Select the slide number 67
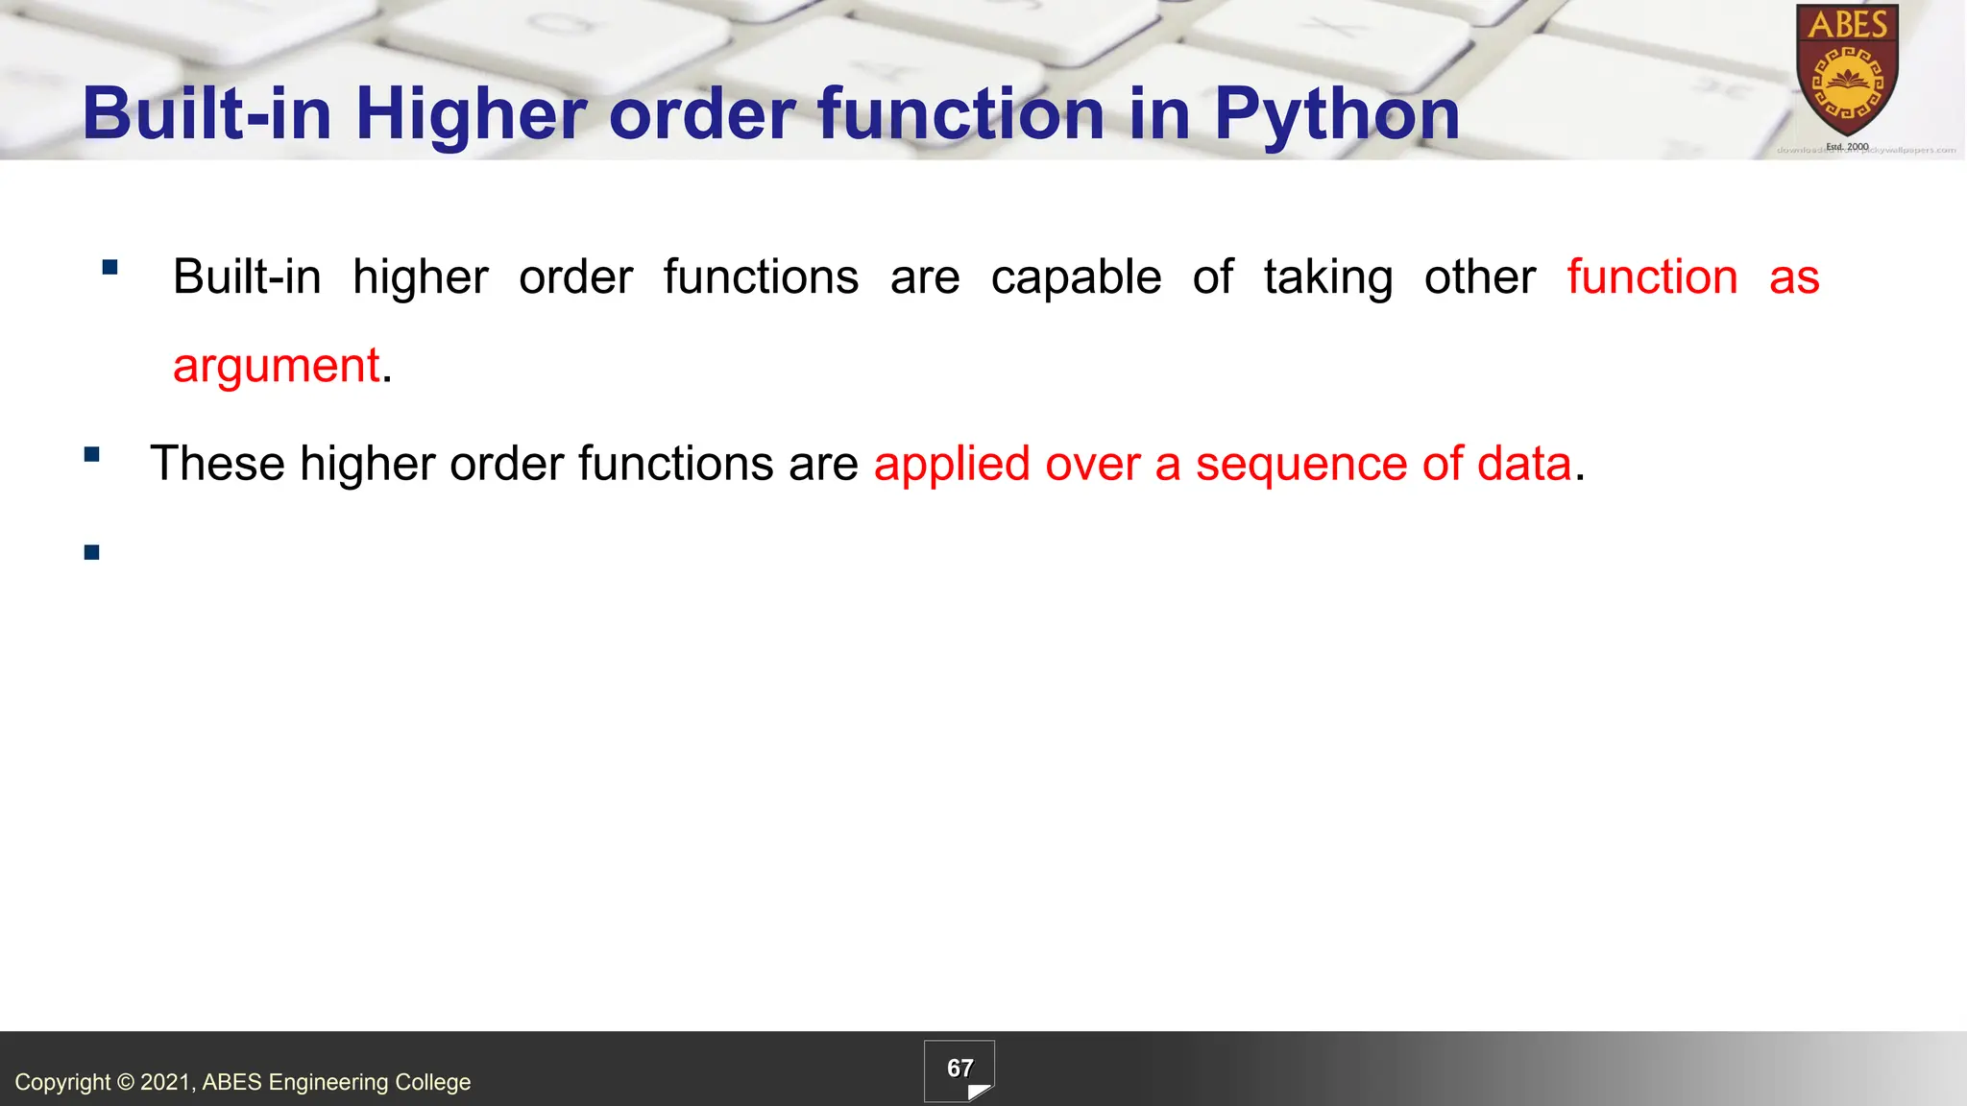coord(959,1069)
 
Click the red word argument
coord(276,366)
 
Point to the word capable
coord(1076,277)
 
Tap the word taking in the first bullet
coord(1327,277)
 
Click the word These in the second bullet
coord(217,464)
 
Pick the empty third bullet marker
coord(92,552)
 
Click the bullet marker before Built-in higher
coord(109,268)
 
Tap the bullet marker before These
coord(92,455)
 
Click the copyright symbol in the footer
coord(126,1082)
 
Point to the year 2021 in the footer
coord(166,1082)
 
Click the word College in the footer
coord(433,1082)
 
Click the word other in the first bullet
coord(1479,277)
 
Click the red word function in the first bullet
coord(1652,277)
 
